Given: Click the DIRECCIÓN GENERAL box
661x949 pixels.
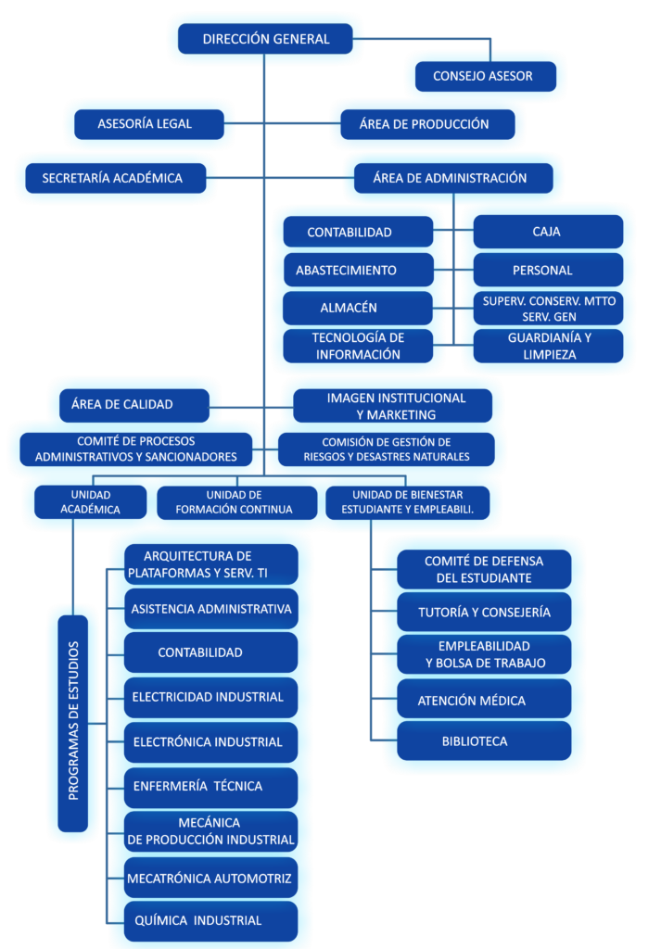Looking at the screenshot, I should pos(265,39).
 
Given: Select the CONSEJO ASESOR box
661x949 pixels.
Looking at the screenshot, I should pos(483,76).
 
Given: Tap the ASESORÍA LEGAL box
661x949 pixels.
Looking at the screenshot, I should pos(146,124).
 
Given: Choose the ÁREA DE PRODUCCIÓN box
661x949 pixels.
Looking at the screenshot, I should pos(425,124).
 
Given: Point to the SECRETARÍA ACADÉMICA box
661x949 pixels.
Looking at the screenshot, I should pos(112,178).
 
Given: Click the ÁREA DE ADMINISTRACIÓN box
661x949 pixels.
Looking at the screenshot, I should pos(451,178).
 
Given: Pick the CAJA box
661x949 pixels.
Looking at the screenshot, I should pos(547,232).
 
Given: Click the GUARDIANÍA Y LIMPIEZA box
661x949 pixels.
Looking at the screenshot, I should pos(549,346).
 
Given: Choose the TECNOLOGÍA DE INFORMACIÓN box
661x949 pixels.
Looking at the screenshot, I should pos(357,346).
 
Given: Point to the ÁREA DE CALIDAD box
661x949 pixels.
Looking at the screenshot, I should pos(134,404).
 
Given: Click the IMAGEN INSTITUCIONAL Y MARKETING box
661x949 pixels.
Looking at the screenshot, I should pos(396,406).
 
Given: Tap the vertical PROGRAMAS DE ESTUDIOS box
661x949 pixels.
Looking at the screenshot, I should pos(73,720).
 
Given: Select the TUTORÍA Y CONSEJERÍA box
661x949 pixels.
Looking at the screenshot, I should pos(484,613).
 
